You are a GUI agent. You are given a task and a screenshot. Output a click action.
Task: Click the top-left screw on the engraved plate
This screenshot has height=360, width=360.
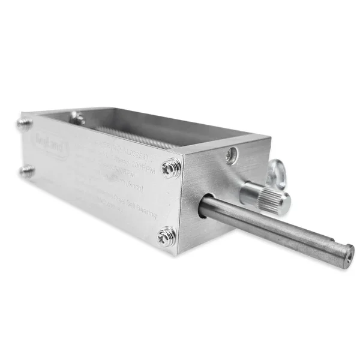(23, 125)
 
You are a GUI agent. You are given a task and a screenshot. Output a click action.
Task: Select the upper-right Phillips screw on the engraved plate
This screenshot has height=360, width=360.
(172, 168)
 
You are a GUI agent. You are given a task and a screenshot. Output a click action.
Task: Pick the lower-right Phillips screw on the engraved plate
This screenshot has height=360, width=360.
(167, 236)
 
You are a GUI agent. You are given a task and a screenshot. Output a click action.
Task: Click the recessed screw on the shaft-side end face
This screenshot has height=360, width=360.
(232, 155)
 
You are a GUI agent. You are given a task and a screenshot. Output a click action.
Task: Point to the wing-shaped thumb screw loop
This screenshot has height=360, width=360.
(277, 175)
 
